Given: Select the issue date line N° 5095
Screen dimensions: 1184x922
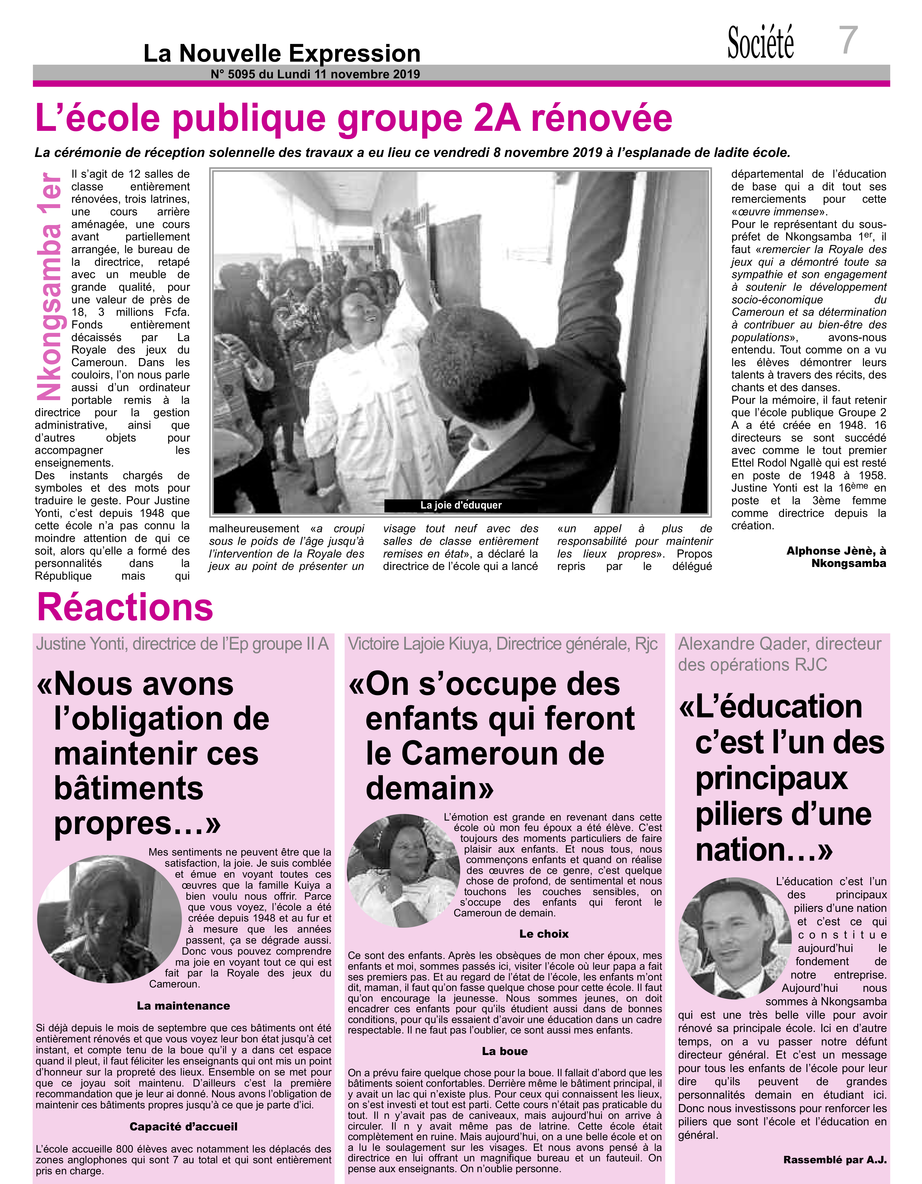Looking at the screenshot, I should (315, 74).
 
